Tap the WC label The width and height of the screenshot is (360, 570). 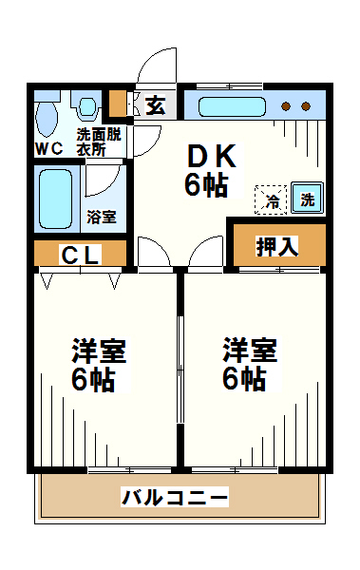coord(48,149)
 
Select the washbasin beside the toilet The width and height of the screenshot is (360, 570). coord(88,106)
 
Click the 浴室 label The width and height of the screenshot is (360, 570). coord(101,217)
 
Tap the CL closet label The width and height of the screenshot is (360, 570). coord(82,254)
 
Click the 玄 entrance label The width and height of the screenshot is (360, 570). coord(155,104)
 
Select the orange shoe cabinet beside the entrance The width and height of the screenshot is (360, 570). coord(117,103)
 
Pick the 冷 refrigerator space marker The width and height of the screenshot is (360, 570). coord(273,199)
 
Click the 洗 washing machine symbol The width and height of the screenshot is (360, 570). coord(307,199)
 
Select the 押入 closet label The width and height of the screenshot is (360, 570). coord(277,245)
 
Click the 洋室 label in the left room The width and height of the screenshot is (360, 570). coord(98,351)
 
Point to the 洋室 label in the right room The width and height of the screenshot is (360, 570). coord(250,351)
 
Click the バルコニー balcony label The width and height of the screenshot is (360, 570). coord(175,497)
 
